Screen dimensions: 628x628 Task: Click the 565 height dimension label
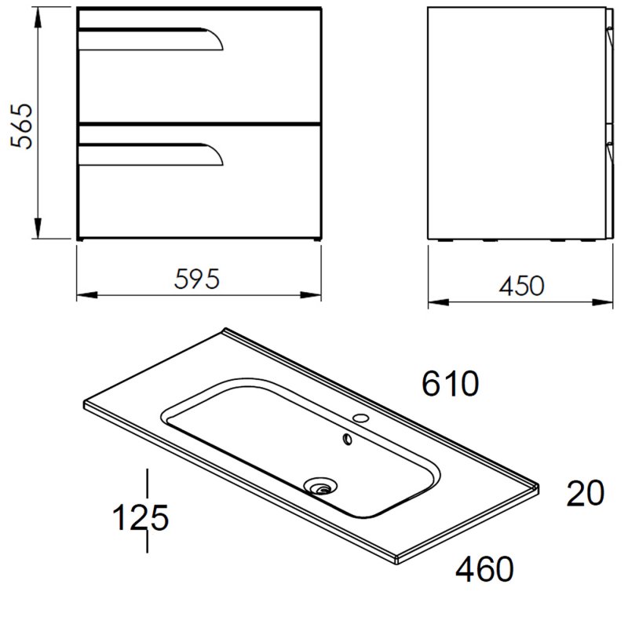pyautogui.click(x=21, y=126)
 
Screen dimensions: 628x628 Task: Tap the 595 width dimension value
pyautogui.click(x=197, y=279)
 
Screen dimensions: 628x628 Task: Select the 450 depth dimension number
pyautogui.click(x=521, y=286)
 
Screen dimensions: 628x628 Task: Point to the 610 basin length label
pyautogui.click(x=450, y=383)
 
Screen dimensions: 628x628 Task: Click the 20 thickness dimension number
pyautogui.click(x=585, y=493)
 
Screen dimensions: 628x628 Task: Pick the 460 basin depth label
pyautogui.click(x=484, y=568)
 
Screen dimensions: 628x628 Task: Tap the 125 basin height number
pyautogui.click(x=141, y=517)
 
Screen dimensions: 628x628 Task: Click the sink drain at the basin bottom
pyautogui.click(x=320, y=486)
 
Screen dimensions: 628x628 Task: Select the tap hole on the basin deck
pyautogui.click(x=360, y=418)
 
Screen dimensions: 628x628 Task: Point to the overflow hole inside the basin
pyautogui.click(x=348, y=440)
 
